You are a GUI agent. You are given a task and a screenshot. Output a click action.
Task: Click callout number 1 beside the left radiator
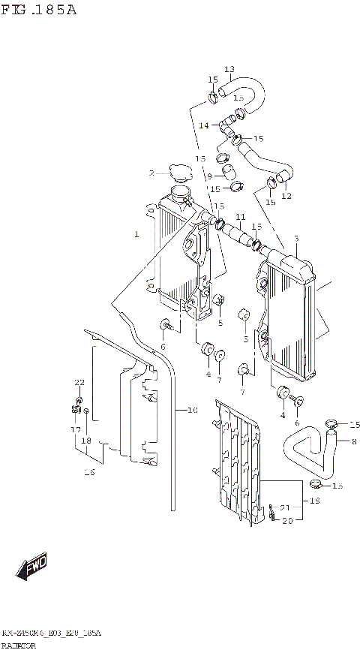136,234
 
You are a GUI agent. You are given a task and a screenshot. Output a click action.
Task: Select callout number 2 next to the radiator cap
151,173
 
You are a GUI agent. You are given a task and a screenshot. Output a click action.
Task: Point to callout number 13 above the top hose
229,69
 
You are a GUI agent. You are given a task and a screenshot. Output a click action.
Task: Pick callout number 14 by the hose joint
203,125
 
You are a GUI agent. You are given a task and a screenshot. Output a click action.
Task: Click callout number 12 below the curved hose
286,196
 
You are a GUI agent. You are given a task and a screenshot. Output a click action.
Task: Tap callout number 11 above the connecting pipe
241,217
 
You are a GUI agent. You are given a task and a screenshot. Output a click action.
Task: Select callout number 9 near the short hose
210,176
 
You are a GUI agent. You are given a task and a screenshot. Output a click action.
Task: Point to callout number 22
79,383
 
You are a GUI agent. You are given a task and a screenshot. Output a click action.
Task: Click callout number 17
76,429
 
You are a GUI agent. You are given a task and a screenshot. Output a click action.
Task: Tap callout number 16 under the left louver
89,472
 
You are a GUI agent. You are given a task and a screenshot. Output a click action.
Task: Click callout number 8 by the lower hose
354,441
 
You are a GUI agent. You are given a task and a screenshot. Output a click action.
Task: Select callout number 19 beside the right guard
316,500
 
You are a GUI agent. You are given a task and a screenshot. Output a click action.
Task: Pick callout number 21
285,507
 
